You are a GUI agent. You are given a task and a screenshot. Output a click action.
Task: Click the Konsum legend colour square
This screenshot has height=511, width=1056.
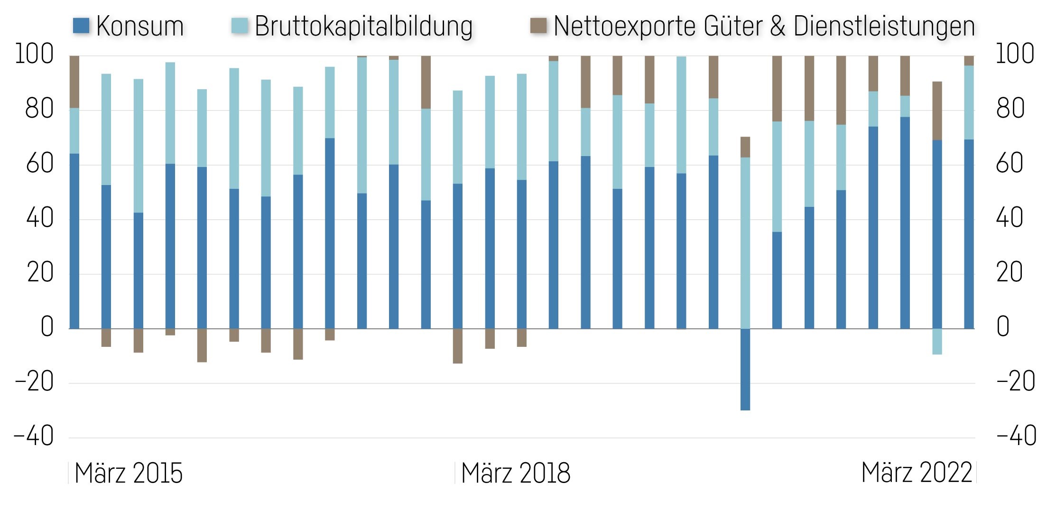[81, 26]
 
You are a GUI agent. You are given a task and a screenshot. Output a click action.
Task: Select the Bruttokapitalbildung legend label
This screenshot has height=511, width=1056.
[363, 27]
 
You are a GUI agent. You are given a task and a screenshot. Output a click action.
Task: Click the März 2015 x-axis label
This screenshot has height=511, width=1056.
[128, 473]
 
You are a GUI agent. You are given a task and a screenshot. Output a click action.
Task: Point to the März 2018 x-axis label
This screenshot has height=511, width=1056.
[516, 473]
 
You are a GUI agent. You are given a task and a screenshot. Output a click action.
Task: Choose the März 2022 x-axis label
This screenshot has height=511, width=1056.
[917, 473]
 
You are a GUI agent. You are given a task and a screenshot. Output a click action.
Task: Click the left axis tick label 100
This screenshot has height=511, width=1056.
[34, 55]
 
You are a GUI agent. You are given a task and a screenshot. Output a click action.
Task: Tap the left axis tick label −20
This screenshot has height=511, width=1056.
[34, 382]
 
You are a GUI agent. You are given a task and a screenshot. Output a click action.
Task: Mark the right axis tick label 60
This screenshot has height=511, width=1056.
[1010, 164]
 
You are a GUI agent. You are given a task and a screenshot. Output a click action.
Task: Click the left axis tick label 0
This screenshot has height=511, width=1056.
[46, 327]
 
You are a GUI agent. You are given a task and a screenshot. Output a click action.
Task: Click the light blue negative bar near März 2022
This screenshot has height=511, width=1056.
[936, 342]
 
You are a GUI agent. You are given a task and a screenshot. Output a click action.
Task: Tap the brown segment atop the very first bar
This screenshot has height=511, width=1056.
[74, 82]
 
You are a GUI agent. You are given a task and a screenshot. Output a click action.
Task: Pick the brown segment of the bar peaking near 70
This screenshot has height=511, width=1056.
[745, 147]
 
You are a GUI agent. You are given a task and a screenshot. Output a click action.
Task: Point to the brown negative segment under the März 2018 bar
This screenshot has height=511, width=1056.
[457, 346]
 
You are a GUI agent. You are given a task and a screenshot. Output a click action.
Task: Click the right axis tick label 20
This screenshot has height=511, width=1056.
[1010, 273]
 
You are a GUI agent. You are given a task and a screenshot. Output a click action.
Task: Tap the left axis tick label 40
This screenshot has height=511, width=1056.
[40, 219]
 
